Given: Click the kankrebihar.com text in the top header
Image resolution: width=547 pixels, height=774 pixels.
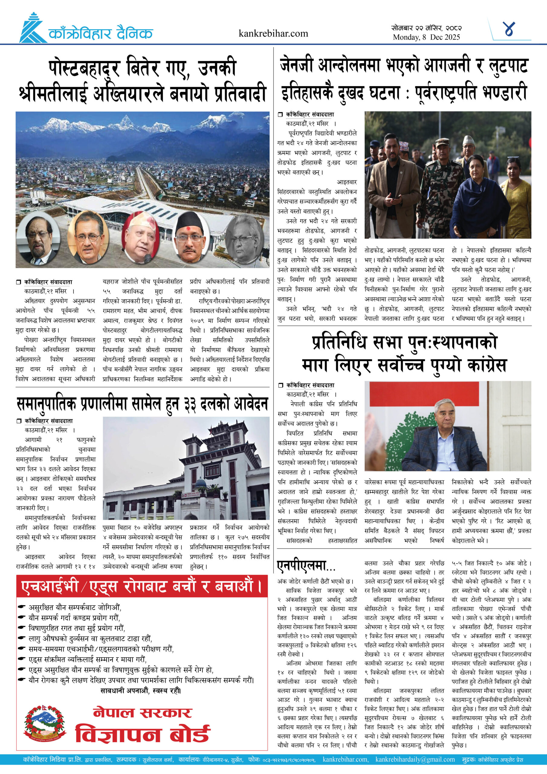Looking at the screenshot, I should click(x=273, y=33).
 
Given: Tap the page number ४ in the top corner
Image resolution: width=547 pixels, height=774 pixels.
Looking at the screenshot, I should click(x=508, y=29).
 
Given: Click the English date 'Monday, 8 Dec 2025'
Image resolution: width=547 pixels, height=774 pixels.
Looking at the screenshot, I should click(x=426, y=37).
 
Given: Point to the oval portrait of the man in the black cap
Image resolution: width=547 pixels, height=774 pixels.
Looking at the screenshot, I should click(x=191, y=238).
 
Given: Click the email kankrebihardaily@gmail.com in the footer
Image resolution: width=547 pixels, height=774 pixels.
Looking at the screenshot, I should click(x=415, y=759).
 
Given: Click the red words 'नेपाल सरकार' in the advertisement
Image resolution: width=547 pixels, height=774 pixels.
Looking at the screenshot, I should click(x=142, y=712).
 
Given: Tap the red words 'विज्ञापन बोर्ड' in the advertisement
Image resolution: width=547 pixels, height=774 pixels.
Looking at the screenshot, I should click(x=142, y=734).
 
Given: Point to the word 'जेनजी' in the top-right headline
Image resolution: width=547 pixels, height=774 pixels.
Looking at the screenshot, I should click(x=297, y=66).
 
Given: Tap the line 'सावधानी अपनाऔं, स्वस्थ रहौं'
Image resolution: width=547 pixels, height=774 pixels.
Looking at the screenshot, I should click(x=141, y=691).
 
